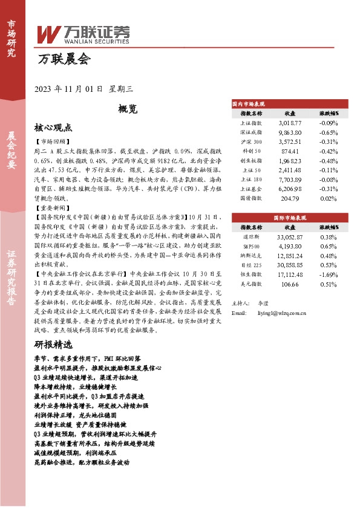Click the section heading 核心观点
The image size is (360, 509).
[x=53, y=128]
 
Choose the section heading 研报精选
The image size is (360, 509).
[x=53, y=345]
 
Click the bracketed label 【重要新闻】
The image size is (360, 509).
[x=52, y=207]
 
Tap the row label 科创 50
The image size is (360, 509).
[x=252, y=151]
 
